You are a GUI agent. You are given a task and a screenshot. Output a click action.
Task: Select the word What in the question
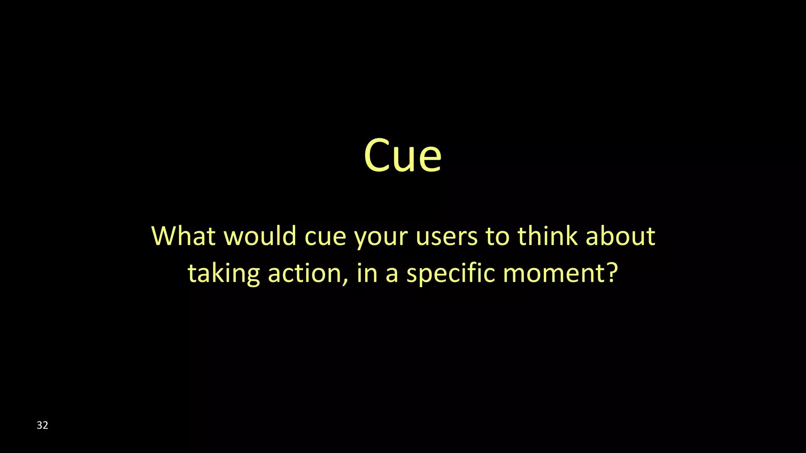(183, 236)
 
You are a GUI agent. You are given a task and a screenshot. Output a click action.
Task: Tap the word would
(260, 236)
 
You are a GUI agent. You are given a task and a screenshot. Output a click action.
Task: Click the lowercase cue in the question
(325, 237)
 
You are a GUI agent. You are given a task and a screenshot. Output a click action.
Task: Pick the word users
(446, 237)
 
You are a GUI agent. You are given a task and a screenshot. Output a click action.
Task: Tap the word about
(621, 236)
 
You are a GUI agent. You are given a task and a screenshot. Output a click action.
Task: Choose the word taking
(224, 274)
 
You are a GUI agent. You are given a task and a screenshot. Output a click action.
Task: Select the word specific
(450, 273)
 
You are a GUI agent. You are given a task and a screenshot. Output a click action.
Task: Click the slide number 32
(42, 425)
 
